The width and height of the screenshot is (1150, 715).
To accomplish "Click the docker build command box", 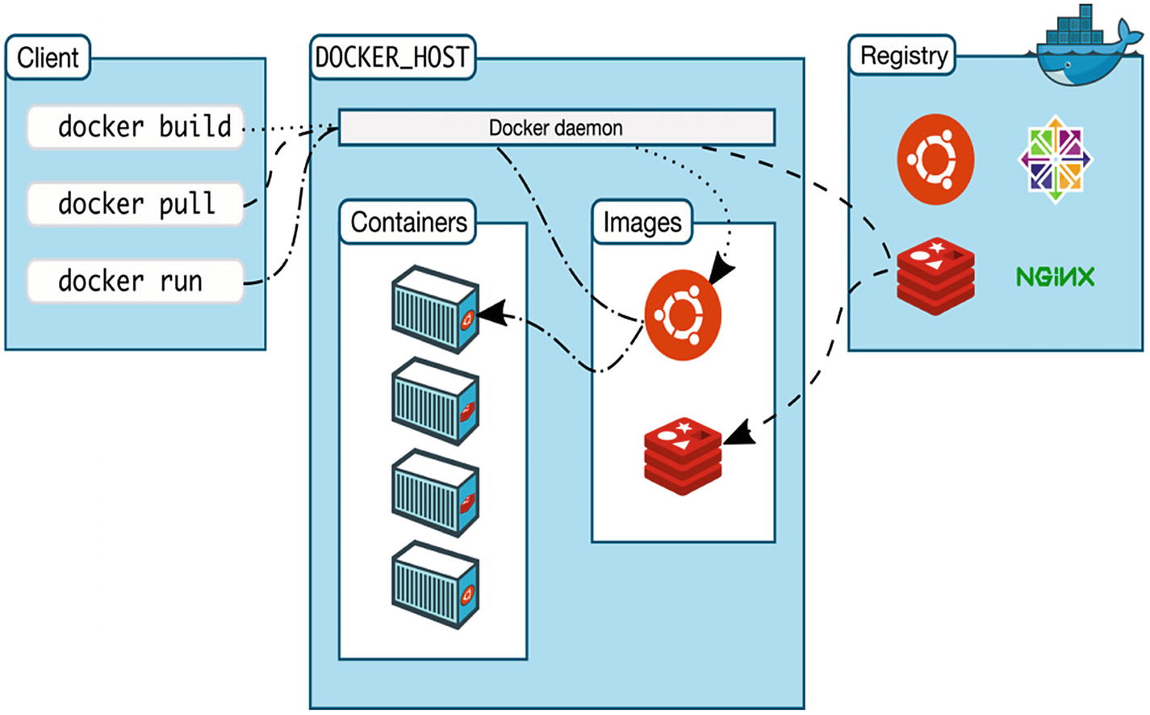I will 136,127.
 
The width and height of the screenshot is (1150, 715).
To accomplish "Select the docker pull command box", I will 136,203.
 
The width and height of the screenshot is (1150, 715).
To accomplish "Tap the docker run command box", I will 136,281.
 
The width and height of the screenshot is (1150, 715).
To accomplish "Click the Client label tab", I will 48,57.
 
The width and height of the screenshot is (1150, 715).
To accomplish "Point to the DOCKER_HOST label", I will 392,57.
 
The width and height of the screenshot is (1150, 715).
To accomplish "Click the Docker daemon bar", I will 556,128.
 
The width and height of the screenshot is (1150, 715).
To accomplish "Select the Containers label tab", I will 408,222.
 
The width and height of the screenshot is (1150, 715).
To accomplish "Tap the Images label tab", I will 642,222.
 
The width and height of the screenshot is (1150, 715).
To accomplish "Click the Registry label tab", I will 903,56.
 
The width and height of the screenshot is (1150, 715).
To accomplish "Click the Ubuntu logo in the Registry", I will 935,158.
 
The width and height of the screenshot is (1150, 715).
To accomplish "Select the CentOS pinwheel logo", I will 1055,158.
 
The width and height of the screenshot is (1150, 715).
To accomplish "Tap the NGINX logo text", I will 1055,277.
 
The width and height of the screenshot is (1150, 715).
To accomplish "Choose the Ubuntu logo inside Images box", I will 682,314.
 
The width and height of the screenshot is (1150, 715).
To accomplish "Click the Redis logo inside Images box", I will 682,456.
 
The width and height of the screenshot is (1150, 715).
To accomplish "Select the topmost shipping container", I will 435,309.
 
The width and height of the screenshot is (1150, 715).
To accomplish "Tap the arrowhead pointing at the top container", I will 493,313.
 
